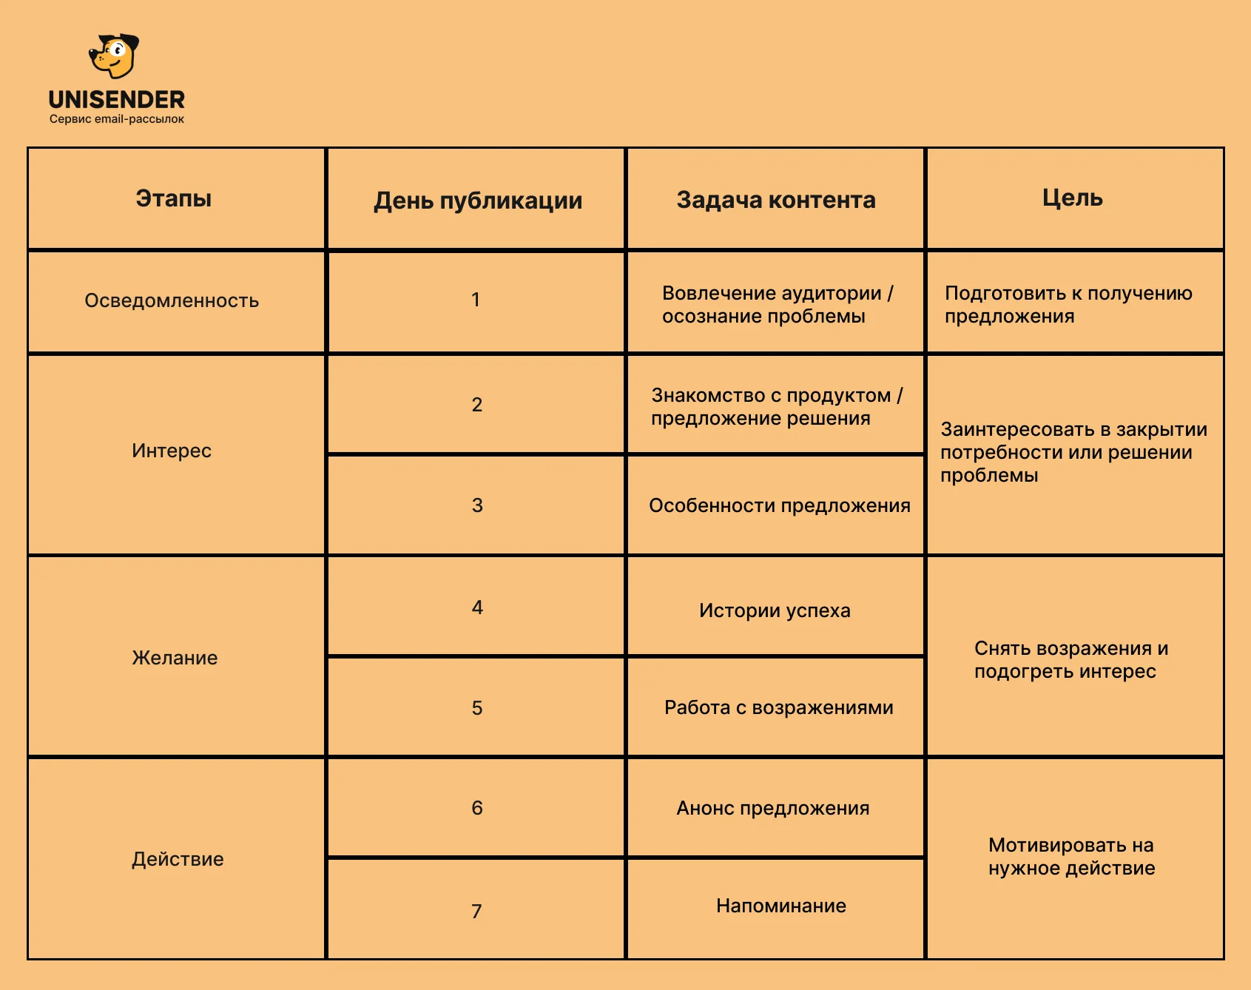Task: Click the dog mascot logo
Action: [x=114, y=56]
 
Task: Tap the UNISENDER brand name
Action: [x=117, y=100]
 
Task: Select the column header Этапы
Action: [x=174, y=198]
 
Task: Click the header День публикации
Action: [x=478, y=201]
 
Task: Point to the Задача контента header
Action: [x=776, y=200]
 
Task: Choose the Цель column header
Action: [x=1073, y=198]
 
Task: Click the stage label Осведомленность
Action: [x=172, y=300]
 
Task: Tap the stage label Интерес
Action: [x=172, y=451]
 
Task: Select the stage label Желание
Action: [x=175, y=658]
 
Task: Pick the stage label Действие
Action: [x=178, y=859]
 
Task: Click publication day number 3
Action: [x=477, y=505]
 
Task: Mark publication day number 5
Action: [x=477, y=708]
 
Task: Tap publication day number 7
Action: [x=476, y=911]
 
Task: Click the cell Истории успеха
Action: [x=775, y=610]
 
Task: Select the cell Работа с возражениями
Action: [x=778, y=707]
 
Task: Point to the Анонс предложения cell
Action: [x=772, y=808]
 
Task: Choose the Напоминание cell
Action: [x=780, y=906]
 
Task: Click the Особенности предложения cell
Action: [x=779, y=505]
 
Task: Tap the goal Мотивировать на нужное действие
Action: [x=1071, y=856]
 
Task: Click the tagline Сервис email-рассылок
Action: [x=117, y=119]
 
